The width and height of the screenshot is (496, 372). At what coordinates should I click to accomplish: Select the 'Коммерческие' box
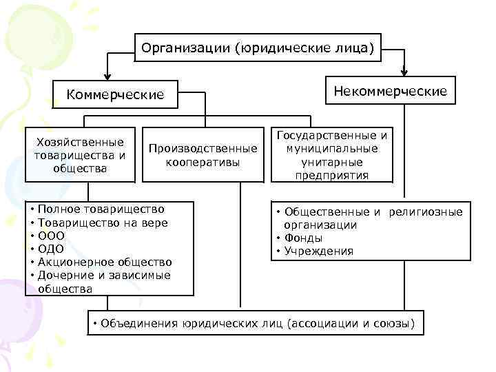[x=115, y=94]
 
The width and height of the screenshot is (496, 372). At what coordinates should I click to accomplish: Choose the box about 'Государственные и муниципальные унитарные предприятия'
[x=332, y=155]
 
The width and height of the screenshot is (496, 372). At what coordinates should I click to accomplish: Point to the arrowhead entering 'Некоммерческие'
[x=404, y=71]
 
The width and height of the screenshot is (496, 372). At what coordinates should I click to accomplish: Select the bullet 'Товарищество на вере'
[x=103, y=223]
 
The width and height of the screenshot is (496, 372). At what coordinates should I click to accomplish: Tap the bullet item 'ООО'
[x=52, y=236]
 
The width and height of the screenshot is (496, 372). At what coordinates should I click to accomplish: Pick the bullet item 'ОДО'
[x=52, y=249]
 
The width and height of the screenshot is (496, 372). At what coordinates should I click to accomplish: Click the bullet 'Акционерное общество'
[x=105, y=262]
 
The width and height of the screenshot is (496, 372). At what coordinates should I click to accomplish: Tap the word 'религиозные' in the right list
[x=425, y=211]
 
